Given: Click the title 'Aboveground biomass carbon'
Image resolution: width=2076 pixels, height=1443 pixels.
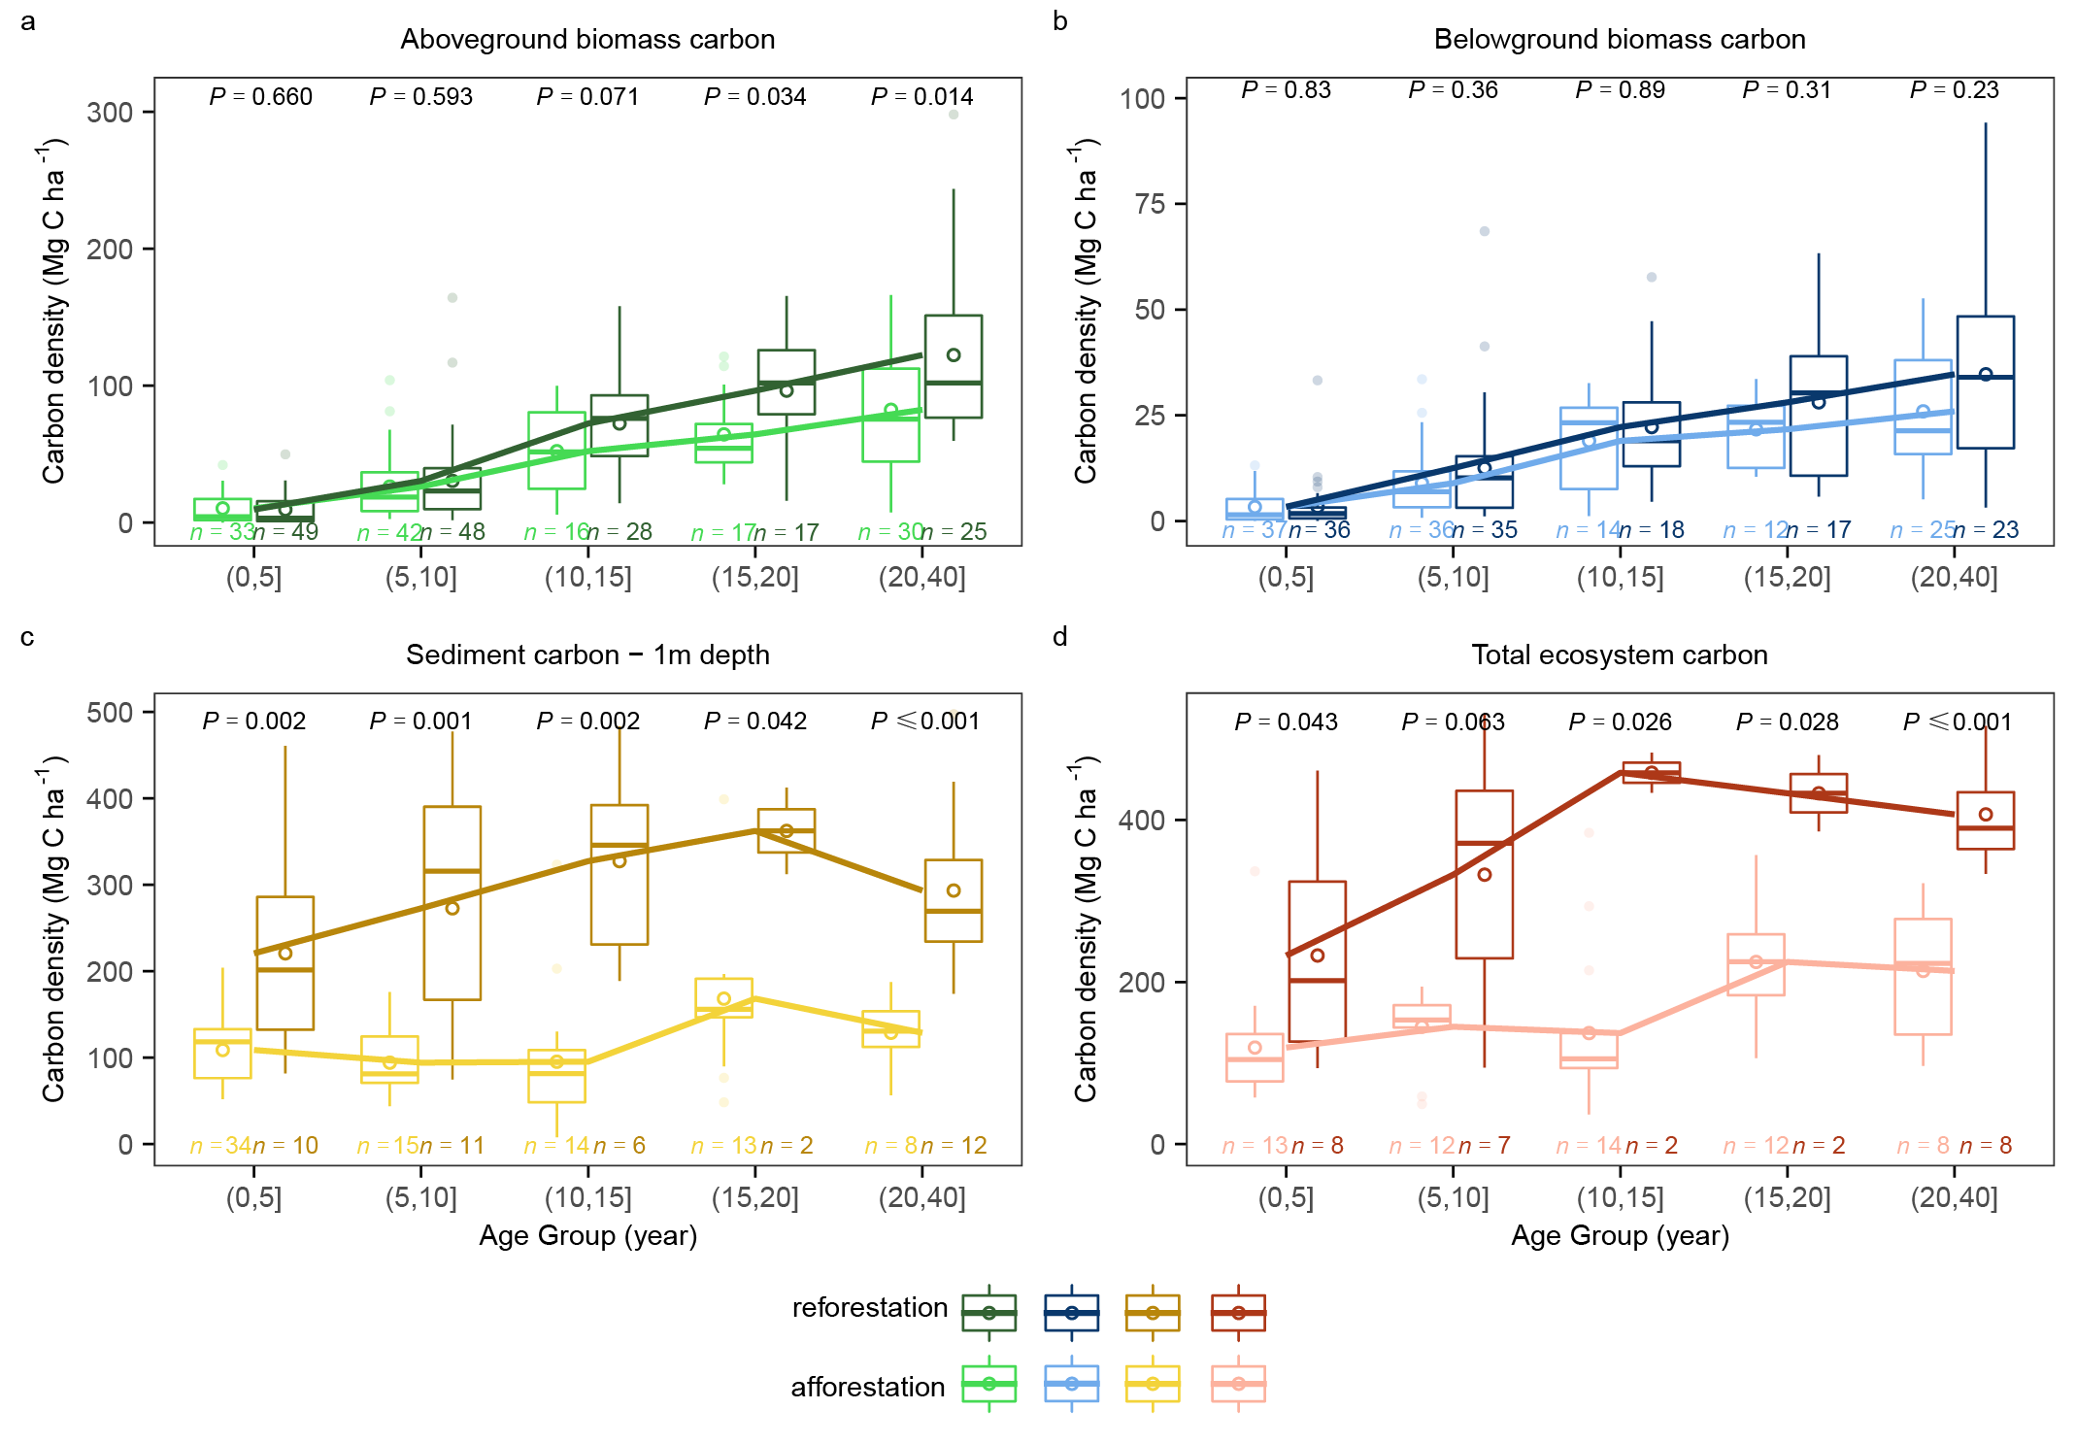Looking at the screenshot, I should (587, 40).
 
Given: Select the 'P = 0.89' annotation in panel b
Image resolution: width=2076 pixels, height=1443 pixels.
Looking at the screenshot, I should (1620, 90).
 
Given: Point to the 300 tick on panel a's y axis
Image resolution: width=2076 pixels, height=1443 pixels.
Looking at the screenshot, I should (110, 113).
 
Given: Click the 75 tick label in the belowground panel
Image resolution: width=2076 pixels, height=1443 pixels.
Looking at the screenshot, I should (1150, 204).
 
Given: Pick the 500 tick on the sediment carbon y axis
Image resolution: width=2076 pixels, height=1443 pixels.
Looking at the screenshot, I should (110, 713).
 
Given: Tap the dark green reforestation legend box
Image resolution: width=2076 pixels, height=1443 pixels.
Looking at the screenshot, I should (988, 1313).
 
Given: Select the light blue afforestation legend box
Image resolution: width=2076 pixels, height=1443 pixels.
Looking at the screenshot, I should (1071, 1384).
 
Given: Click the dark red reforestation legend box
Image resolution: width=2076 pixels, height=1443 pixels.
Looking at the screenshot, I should (1238, 1313).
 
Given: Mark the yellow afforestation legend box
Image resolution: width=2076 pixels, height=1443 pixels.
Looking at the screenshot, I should (1153, 1384).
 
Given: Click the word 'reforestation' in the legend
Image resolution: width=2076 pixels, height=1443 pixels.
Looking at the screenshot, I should (870, 1308).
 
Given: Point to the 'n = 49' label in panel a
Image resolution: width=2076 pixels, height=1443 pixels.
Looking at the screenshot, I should (286, 532).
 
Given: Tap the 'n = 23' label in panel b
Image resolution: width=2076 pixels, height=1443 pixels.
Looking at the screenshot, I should (1987, 530).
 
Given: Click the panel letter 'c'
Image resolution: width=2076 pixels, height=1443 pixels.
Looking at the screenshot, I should (27, 637).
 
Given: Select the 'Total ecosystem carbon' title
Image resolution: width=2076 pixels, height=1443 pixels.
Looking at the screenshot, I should (1619, 655).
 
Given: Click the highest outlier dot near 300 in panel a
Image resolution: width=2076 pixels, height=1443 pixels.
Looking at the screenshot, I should (954, 115).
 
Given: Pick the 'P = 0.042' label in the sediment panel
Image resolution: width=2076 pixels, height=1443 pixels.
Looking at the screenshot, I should (754, 721).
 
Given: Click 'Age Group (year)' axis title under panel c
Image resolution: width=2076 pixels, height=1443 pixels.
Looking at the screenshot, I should (587, 1236).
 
